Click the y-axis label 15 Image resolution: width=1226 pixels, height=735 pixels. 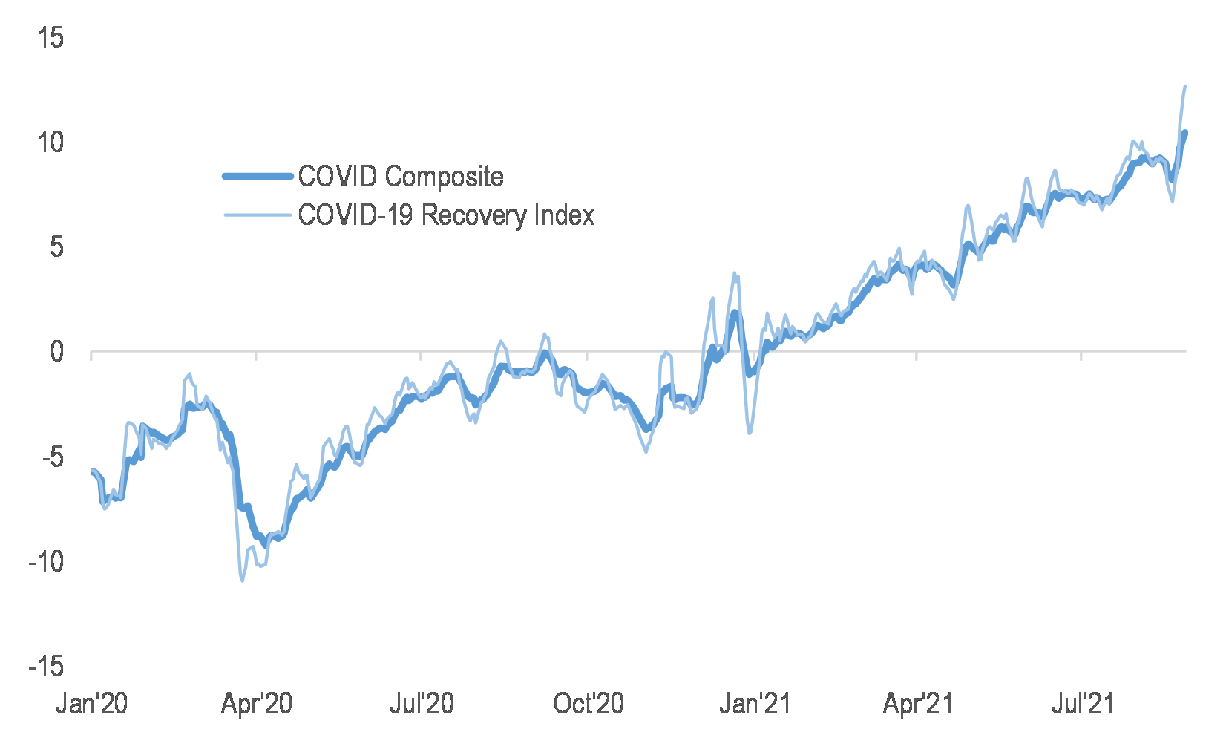[51, 37]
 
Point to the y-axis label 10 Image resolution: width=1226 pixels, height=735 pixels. [51, 142]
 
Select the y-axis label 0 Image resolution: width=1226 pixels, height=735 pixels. [57, 352]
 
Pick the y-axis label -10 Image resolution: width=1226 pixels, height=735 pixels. [46, 562]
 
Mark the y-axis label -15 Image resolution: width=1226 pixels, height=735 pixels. [46, 667]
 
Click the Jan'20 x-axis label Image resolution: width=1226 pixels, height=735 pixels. [92, 703]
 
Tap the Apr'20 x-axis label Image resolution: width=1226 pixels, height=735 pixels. [257, 703]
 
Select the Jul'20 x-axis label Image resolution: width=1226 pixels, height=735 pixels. [422, 703]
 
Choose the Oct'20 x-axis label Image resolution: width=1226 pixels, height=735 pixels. [589, 703]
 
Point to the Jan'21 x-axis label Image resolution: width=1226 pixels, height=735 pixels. [754, 703]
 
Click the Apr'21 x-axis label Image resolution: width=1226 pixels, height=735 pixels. [918, 703]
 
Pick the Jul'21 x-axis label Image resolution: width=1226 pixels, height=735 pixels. [1083, 703]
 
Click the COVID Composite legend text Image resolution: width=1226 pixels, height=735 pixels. [401, 177]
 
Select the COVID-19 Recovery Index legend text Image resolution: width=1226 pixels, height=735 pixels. [446, 215]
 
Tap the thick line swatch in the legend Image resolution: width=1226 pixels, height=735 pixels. [258, 177]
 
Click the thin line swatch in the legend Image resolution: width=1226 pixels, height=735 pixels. [258, 215]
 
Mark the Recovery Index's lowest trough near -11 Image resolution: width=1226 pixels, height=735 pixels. [243, 581]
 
